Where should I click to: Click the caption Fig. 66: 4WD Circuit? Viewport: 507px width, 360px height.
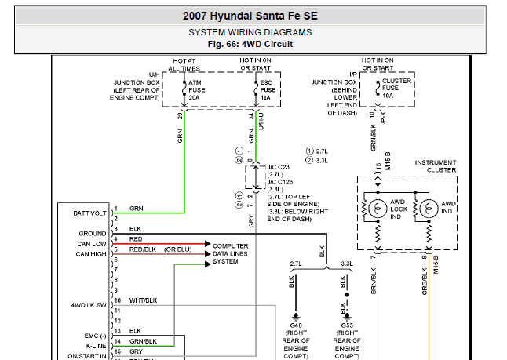(250, 44)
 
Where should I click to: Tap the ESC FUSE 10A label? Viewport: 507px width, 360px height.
(268, 90)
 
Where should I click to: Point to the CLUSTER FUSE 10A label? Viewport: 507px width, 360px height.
(396, 87)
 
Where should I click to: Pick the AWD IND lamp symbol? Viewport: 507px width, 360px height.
(429, 208)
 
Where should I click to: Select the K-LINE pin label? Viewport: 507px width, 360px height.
(96, 344)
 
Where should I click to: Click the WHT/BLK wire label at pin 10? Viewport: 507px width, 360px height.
(143, 300)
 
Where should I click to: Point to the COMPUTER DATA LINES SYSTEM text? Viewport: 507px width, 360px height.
(231, 253)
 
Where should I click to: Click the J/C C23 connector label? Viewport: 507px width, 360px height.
(278, 167)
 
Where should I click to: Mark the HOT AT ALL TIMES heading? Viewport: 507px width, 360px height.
(185, 64)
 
